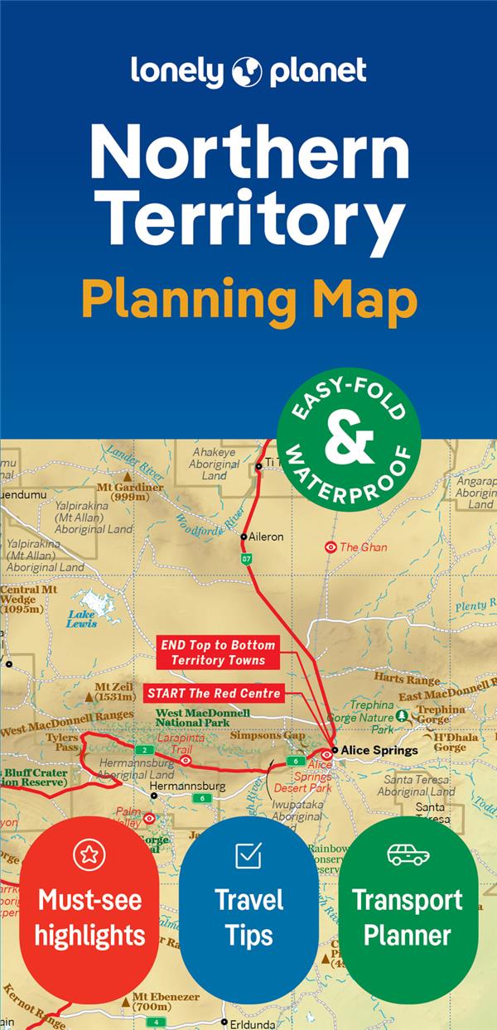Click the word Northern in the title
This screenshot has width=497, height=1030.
click(x=248, y=152)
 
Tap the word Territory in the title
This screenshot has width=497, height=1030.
click(x=248, y=218)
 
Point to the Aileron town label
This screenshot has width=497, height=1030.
click(x=267, y=537)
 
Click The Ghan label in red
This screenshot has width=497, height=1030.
click(x=363, y=547)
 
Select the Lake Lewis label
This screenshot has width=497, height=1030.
click(x=82, y=618)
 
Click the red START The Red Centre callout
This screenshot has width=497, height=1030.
click(x=215, y=692)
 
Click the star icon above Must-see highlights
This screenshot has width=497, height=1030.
click(x=89, y=854)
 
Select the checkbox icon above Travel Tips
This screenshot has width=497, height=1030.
click(x=248, y=854)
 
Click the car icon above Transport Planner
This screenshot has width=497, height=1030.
click(x=408, y=854)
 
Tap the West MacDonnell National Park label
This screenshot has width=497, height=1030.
click(x=203, y=717)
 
